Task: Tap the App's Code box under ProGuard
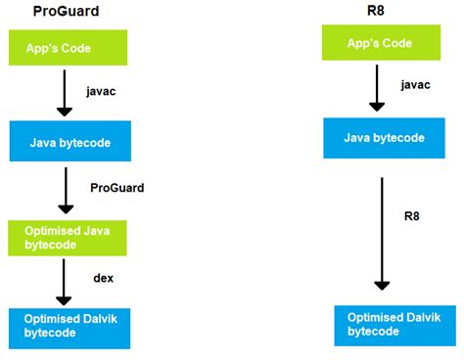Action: coord(66,47)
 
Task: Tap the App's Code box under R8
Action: coord(378,43)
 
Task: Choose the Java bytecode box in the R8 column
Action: coord(383,138)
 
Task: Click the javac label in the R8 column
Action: coord(415,85)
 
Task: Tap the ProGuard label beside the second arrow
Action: coord(116,187)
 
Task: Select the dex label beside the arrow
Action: coord(103,278)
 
